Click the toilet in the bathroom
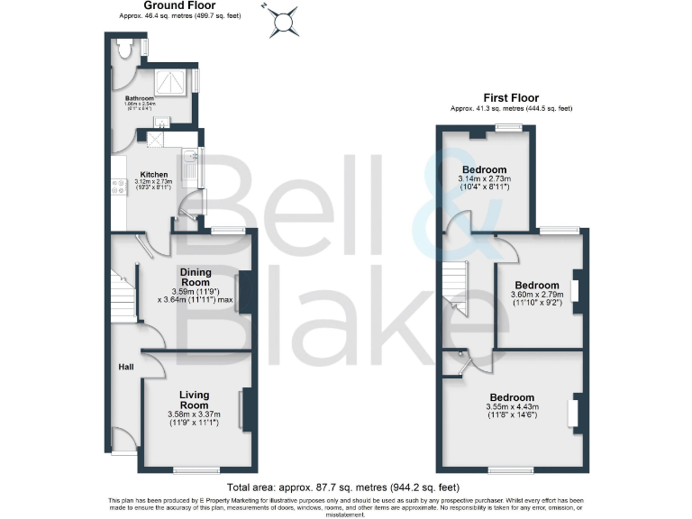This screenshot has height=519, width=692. click(125, 47)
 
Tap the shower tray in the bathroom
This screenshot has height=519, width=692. click(171, 82)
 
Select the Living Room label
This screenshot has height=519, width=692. click(194, 400)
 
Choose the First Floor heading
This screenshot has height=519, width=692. click(511, 97)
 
